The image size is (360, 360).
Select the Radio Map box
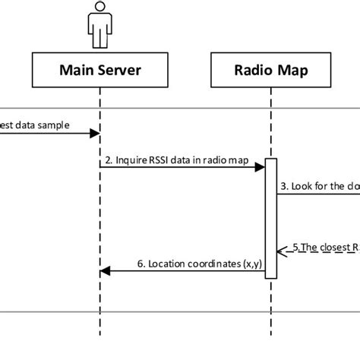270,71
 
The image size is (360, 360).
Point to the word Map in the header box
291,71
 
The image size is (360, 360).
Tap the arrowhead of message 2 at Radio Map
260,169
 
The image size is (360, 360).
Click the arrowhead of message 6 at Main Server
106,271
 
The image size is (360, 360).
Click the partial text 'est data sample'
33,125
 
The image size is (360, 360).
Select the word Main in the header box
77,71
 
